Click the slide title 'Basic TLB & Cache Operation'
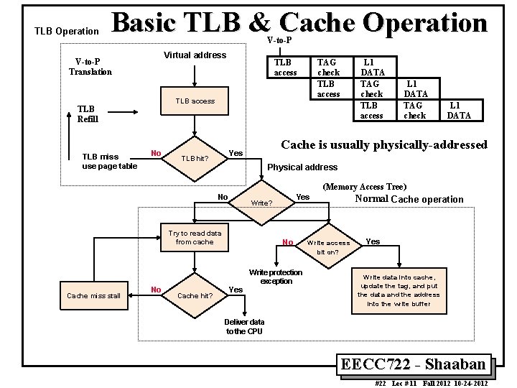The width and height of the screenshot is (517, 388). [300, 23]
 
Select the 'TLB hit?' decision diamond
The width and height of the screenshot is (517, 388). [194, 158]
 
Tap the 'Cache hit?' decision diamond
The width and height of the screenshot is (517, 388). [194, 295]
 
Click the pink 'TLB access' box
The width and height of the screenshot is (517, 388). [195, 101]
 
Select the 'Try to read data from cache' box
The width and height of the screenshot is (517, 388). [195, 238]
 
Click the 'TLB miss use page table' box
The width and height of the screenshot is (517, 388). [109, 162]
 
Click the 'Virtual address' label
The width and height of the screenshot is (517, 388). [195, 55]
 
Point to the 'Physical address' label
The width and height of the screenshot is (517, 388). [302, 167]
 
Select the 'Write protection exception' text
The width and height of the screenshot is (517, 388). [276, 277]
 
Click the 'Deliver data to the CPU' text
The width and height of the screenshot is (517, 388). [244, 326]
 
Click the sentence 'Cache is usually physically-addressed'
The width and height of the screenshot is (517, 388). [383, 145]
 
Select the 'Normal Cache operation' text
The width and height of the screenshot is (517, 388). [409, 199]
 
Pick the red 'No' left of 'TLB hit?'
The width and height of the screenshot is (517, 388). [155, 152]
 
